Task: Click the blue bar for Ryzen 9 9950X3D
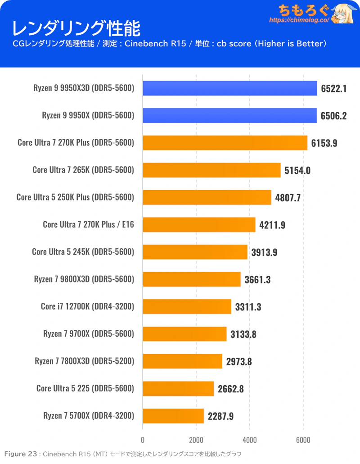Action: [x=230, y=88]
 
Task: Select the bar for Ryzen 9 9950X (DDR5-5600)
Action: [x=229, y=115]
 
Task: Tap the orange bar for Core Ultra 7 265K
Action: [x=211, y=170]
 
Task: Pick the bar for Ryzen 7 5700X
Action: [x=173, y=416]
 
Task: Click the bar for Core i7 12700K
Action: [x=187, y=307]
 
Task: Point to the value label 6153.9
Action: [x=324, y=143]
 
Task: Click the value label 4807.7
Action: [x=288, y=198]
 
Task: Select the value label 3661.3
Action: [x=257, y=280]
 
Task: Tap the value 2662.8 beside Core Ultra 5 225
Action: [x=231, y=389]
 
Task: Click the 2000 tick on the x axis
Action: [x=196, y=440]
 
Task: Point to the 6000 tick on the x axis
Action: [x=303, y=440]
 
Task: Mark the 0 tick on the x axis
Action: [x=143, y=440]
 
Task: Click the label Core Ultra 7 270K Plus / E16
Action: [x=88, y=225]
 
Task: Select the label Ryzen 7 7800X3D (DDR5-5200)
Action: [x=85, y=361]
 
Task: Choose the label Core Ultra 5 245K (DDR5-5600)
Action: [x=83, y=252]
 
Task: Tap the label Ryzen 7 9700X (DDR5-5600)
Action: [x=89, y=334]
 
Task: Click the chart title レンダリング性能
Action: [x=76, y=29]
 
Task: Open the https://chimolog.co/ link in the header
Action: [x=299, y=20]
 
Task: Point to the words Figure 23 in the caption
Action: [x=21, y=454]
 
